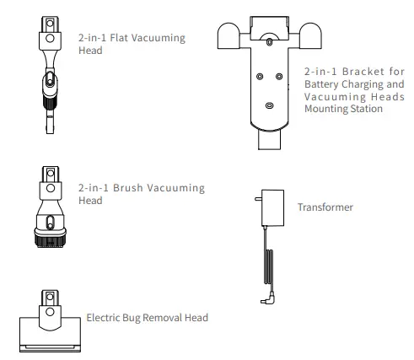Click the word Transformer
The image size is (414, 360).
pyautogui.click(x=325, y=207)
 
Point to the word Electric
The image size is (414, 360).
pyautogui.click(x=105, y=318)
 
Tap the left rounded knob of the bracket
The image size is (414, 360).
pyautogui.click(x=230, y=36)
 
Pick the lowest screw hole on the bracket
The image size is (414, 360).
pyautogui.click(x=269, y=106)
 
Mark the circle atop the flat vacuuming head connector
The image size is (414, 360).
pyautogui.click(x=49, y=38)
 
